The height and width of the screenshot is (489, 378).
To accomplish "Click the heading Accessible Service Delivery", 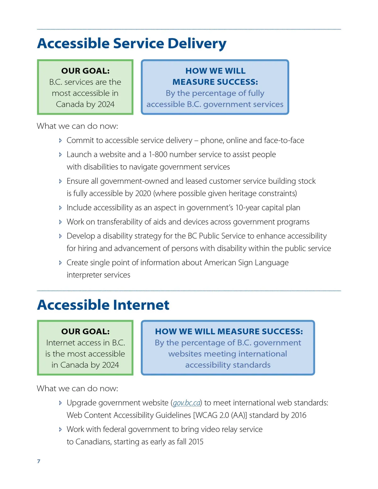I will [x=132, y=43].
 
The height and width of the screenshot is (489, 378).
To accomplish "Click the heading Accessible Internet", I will [x=103, y=305].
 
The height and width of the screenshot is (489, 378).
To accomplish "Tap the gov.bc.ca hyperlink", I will [x=187, y=403].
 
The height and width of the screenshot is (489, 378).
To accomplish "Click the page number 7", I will [x=39, y=461].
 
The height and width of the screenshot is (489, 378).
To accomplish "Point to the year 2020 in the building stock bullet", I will [x=143, y=193].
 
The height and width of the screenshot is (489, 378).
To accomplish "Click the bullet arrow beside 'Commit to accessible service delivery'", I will [x=60, y=141].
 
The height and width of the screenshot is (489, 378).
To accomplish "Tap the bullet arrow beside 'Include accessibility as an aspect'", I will [x=60, y=208].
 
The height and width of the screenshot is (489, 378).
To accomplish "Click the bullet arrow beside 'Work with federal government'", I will [x=60, y=429].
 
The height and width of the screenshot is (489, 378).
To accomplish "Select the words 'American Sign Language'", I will [x=246, y=262].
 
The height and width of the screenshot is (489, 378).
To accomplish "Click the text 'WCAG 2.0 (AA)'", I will [x=220, y=415].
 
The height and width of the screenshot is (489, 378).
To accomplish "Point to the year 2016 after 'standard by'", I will [x=298, y=415].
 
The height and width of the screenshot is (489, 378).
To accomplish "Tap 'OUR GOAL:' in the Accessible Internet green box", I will [x=85, y=331].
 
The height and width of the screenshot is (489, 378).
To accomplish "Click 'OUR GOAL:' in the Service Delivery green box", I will [x=85, y=71].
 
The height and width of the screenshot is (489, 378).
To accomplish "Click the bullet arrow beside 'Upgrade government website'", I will [x=60, y=403].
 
